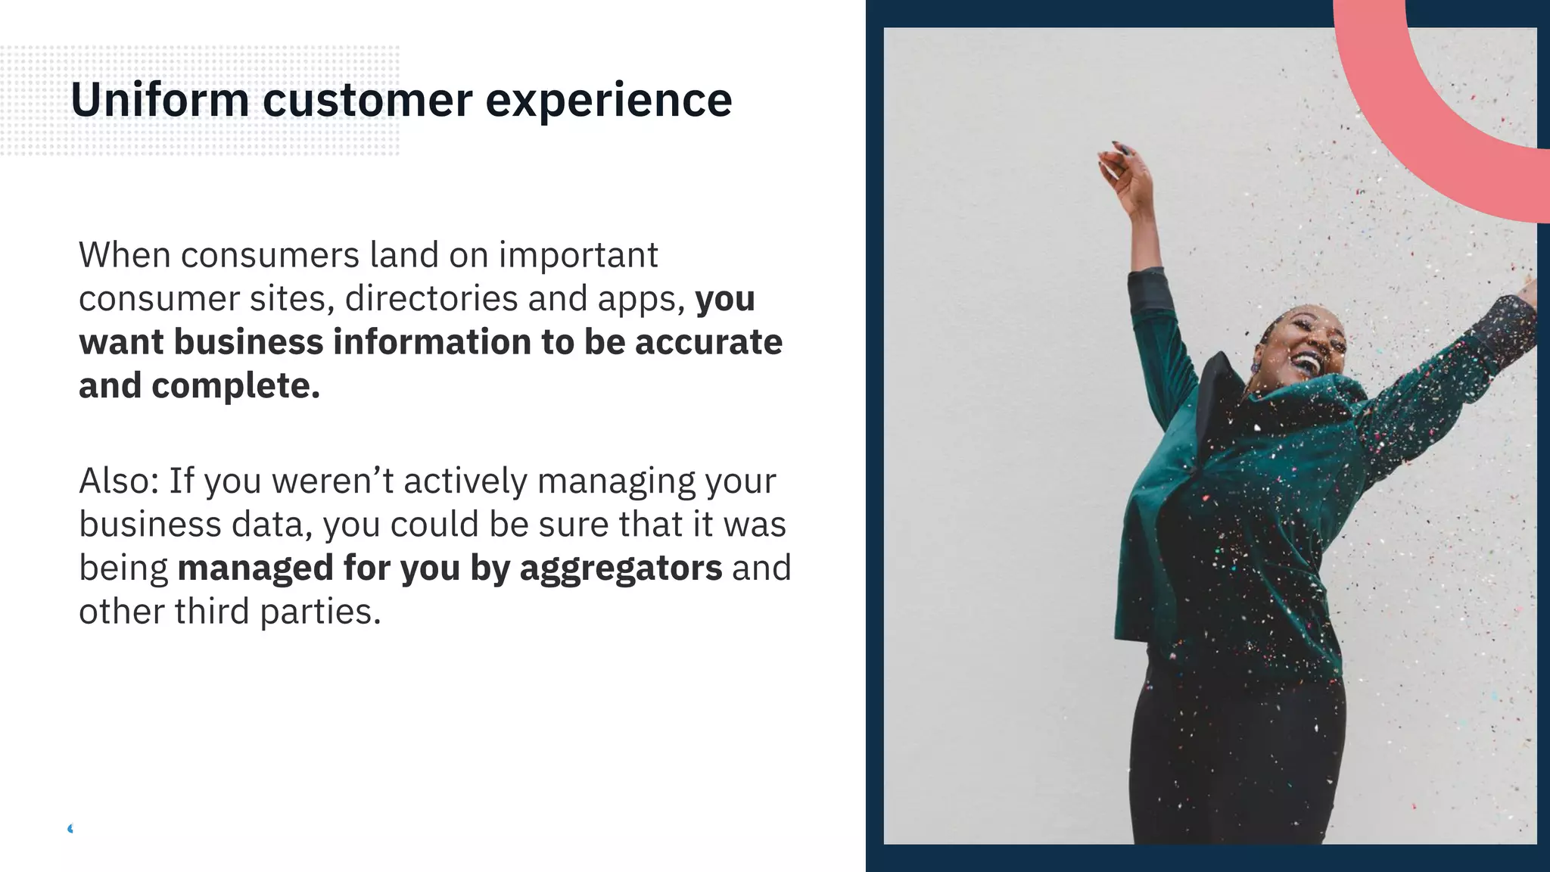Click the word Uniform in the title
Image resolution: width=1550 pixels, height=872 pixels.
(x=160, y=100)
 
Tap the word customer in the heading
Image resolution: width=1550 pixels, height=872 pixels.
(x=367, y=100)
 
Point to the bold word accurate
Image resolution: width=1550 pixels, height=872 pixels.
(x=708, y=342)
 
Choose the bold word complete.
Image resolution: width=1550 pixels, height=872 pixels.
(x=235, y=386)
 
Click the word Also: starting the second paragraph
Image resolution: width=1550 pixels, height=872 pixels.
(x=119, y=481)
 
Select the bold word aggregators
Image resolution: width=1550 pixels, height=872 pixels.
(x=621, y=568)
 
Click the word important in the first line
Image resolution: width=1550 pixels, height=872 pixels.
(x=578, y=255)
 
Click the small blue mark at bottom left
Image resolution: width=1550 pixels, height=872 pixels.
(x=70, y=829)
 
